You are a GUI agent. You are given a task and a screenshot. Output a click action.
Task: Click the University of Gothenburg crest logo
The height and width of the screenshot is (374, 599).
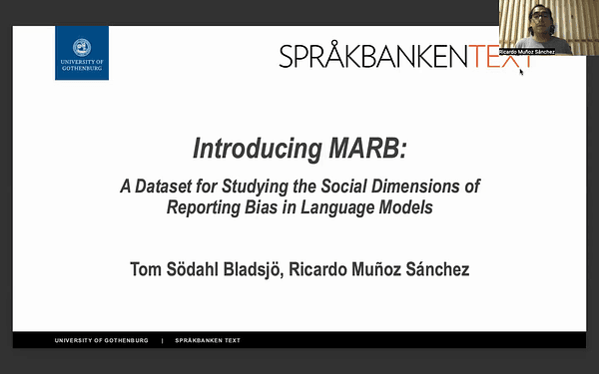point(81,52)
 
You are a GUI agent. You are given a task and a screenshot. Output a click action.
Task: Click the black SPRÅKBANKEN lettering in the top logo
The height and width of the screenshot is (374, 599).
point(374,57)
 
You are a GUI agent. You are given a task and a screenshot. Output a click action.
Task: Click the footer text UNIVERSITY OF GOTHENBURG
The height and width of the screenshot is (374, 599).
point(102,340)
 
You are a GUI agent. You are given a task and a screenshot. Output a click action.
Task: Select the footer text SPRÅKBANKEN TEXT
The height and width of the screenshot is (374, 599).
point(208,340)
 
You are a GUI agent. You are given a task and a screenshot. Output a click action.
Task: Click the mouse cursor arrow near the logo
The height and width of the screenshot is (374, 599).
point(521,72)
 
